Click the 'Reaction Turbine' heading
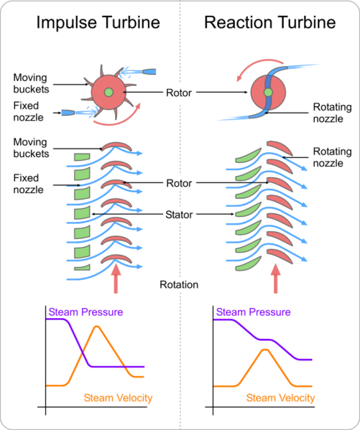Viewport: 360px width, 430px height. (x=269, y=22)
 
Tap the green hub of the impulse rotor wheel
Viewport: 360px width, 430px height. (x=108, y=93)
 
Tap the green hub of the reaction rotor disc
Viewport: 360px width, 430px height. (x=267, y=93)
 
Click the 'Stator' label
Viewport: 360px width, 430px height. (x=180, y=213)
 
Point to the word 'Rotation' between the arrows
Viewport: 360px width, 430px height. (x=179, y=284)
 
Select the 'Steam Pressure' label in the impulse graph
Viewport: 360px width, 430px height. (x=86, y=312)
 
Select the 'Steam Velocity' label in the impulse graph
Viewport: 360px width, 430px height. (x=118, y=397)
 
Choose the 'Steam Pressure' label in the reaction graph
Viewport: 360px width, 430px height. (x=253, y=312)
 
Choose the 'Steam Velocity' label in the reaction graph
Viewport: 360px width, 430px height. (x=281, y=397)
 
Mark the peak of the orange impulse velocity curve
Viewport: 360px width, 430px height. (x=96, y=327)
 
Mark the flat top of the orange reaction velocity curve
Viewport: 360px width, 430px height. (x=265, y=350)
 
